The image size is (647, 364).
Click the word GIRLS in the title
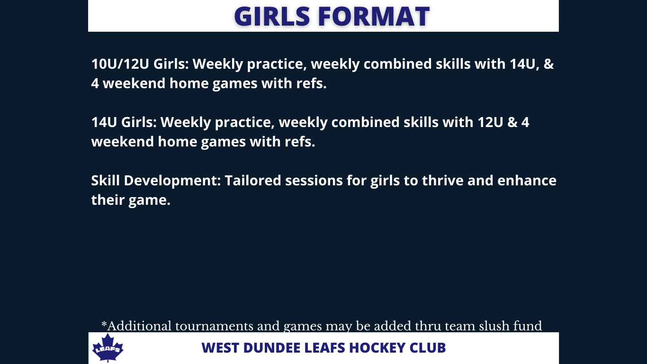tap(272, 16)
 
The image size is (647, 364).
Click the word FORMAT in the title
tap(374, 16)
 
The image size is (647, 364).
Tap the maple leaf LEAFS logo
tap(108, 347)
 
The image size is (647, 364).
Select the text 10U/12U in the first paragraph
tap(120, 64)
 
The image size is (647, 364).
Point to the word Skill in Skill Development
tap(106, 181)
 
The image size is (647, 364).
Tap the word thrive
tap(443, 181)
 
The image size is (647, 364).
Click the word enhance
tap(527, 181)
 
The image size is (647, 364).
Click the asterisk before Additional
tap(104, 324)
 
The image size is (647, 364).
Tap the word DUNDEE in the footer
tap(271, 348)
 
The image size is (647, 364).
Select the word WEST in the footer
tap(220, 348)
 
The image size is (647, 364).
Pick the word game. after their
tap(149, 200)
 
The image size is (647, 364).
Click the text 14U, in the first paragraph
tap(524, 64)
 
